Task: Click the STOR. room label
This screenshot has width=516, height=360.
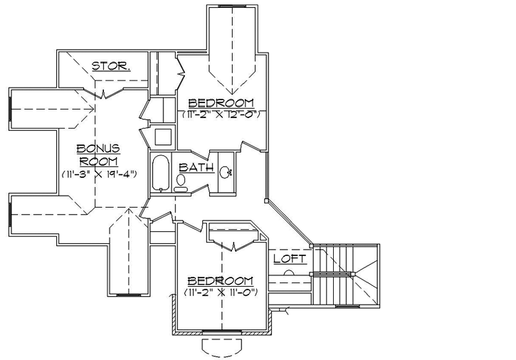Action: coord(110,66)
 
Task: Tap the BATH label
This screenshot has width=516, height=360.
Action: coord(196,167)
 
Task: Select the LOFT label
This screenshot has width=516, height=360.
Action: coord(290,259)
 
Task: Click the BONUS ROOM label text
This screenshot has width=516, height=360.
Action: coord(98,154)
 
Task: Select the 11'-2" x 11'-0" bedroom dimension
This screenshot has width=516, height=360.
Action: coord(220,292)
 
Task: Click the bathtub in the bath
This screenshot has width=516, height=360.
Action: coord(162,173)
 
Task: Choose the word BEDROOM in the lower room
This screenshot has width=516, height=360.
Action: coord(220,280)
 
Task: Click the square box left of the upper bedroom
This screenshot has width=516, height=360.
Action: coord(162,136)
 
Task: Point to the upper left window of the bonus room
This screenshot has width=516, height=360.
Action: coord(10,110)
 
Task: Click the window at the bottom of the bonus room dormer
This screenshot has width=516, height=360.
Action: coord(129,294)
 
